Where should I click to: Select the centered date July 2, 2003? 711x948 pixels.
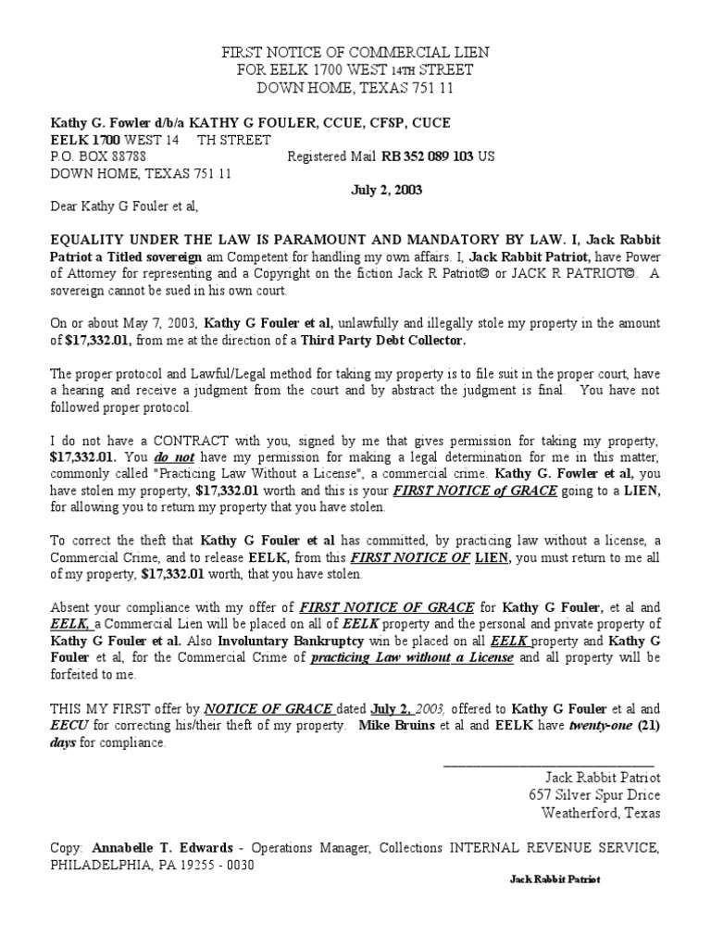tap(386, 191)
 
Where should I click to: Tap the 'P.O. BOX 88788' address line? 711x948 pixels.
tap(98, 157)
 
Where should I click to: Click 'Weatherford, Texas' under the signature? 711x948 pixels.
tap(601, 814)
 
